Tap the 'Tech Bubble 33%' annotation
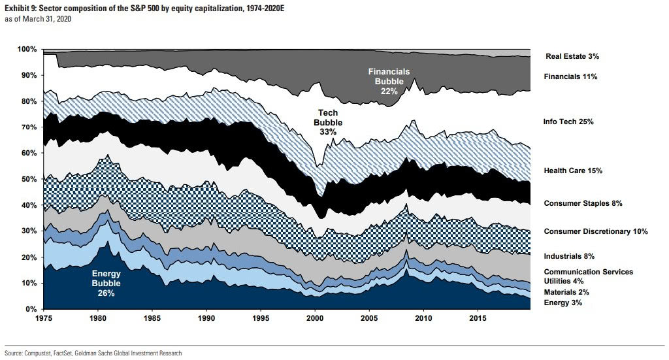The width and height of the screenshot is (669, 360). coord(328,122)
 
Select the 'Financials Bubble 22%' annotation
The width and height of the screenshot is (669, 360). coord(389,81)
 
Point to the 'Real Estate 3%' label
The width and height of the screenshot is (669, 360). coord(572,57)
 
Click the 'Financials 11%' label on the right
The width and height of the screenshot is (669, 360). coord(570,76)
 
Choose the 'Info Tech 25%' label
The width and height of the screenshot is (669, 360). coord(568,122)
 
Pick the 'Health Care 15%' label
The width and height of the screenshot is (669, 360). coord(572,171)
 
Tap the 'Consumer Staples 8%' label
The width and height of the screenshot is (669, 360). coord(583,203)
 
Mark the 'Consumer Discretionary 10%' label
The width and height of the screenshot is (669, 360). coord(596,231)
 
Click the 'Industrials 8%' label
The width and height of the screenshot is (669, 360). coord(568,256)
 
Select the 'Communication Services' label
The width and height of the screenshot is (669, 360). coord(588,272)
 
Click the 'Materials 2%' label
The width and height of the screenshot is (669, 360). coord(566,292)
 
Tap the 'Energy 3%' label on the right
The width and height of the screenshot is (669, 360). coord(563,304)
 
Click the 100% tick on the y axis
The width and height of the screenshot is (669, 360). coord(28,50)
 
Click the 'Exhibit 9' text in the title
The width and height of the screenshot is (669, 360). coord(20,7)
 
